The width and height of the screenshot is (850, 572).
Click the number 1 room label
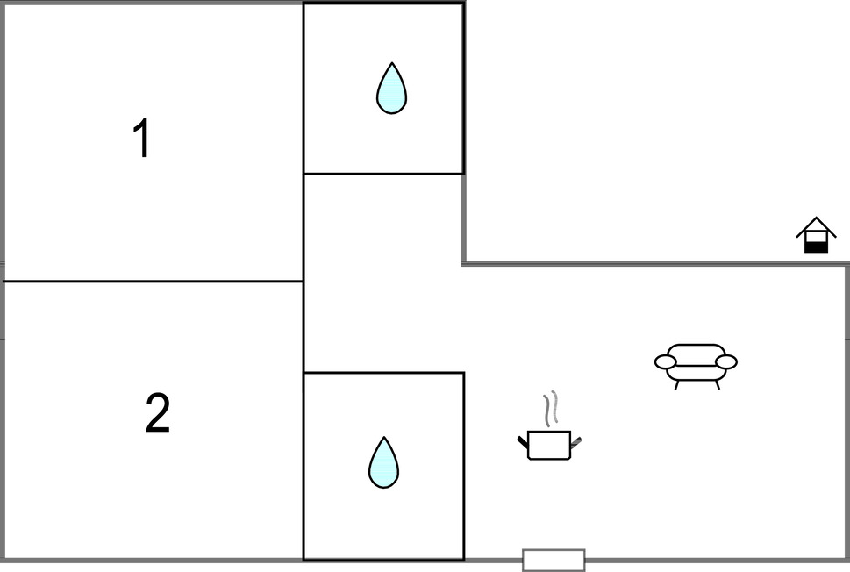[x=142, y=139]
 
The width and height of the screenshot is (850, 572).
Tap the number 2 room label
[x=158, y=412]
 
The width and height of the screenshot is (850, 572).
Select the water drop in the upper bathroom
[x=391, y=89]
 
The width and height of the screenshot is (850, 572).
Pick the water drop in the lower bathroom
[x=383, y=462]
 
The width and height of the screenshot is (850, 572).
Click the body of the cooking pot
[x=548, y=445]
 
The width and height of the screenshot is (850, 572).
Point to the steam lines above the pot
[x=551, y=407]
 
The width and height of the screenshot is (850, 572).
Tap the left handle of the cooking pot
[x=523, y=442]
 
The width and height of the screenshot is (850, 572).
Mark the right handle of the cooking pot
[x=575, y=442]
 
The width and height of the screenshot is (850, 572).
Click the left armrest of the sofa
[x=665, y=361]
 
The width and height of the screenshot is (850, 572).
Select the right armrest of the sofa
[x=725, y=361]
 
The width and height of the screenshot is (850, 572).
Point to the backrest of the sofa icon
[x=696, y=351]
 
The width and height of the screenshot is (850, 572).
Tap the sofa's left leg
[x=677, y=385]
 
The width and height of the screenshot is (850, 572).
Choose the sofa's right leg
[x=718, y=385]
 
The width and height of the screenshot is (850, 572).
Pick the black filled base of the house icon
[x=816, y=247]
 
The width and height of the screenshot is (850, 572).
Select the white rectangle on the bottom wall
[x=554, y=560]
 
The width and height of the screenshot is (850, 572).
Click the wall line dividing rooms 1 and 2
[x=153, y=282]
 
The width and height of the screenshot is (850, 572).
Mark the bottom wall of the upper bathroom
[x=383, y=174]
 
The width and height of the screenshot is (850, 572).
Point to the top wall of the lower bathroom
[x=383, y=373]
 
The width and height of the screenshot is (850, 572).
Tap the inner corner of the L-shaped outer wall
[x=464, y=264]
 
